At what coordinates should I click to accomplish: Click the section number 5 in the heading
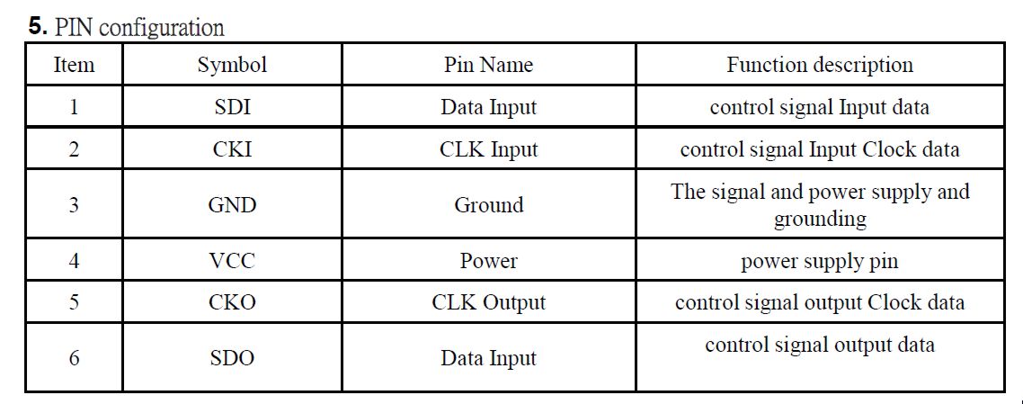38,27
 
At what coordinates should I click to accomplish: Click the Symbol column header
232,65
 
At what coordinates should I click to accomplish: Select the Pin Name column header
489,65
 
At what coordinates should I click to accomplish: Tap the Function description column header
820,65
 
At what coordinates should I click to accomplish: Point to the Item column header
74,65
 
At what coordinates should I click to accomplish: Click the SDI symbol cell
232,106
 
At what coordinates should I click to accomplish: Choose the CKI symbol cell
232,149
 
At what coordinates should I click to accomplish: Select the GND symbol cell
232,205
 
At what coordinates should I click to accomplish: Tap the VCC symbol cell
232,261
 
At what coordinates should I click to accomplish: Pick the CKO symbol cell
232,303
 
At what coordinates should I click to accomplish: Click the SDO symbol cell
232,357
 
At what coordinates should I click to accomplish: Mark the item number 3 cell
74,205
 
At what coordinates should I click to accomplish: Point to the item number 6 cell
74,357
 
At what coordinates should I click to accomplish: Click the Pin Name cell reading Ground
489,205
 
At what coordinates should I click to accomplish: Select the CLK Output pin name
489,303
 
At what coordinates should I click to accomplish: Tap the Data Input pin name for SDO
489,358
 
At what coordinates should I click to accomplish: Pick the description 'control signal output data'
820,346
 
